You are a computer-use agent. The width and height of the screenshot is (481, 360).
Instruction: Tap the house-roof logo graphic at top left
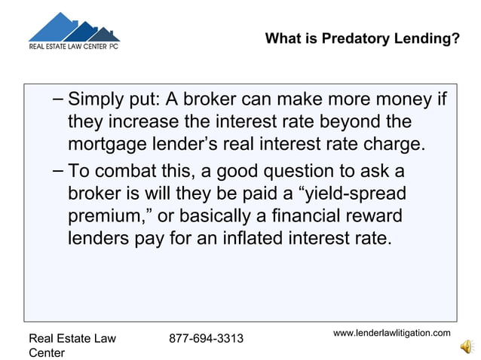tap(73, 28)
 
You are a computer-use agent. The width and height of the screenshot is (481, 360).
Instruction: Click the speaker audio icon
tap(466, 346)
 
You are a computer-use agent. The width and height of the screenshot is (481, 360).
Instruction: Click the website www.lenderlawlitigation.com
tap(392, 333)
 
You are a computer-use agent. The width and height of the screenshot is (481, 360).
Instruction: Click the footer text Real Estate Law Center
tap(72, 345)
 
